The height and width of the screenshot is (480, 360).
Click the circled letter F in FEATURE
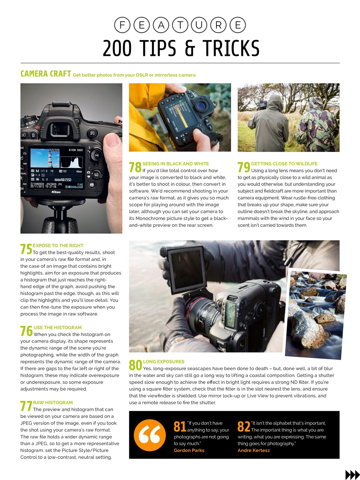(x=122, y=25)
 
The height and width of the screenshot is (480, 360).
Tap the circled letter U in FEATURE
(x=199, y=25)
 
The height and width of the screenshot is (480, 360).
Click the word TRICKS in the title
(x=231, y=48)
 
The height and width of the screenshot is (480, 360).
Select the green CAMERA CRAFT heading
(x=46, y=74)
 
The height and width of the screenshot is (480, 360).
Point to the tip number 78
(x=135, y=167)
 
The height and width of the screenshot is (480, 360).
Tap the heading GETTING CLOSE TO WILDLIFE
(x=284, y=163)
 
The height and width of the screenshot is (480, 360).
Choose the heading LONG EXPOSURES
(x=163, y=361)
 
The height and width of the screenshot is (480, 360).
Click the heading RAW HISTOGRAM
(x=53, y=402)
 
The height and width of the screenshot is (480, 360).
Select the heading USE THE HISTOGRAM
(x=57, y=327)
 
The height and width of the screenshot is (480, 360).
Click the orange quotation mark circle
(x=150, y=435)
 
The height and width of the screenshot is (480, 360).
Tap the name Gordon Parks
(x=189, y=450)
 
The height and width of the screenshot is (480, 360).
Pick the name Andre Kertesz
(x=253, y=450)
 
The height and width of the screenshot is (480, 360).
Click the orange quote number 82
(x=244, y=427)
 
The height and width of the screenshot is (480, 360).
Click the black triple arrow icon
(x=352, y=475)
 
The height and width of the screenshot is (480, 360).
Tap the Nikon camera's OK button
(x=96, y=155)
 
